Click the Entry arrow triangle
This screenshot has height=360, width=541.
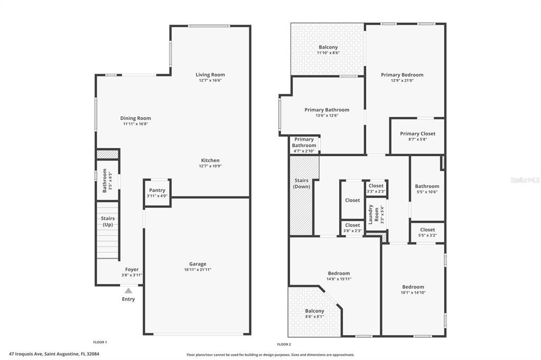click(128, 290)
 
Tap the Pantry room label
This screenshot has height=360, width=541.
click(157, 190)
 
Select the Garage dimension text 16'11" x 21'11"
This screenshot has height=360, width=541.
click(198, 270)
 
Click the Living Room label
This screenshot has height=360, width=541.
click(210, 75)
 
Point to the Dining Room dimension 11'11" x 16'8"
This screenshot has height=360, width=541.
click(135, 124)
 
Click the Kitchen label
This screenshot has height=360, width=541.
click(210, 160)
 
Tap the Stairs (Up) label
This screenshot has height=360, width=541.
click(108, 222)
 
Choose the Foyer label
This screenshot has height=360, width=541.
click(132, 269)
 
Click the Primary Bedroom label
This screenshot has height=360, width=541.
click(402, 75)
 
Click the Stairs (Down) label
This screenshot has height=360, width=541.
click(302, 184)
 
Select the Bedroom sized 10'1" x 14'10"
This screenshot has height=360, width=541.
click(413, 287)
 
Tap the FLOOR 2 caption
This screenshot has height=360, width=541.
click(284, 344)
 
